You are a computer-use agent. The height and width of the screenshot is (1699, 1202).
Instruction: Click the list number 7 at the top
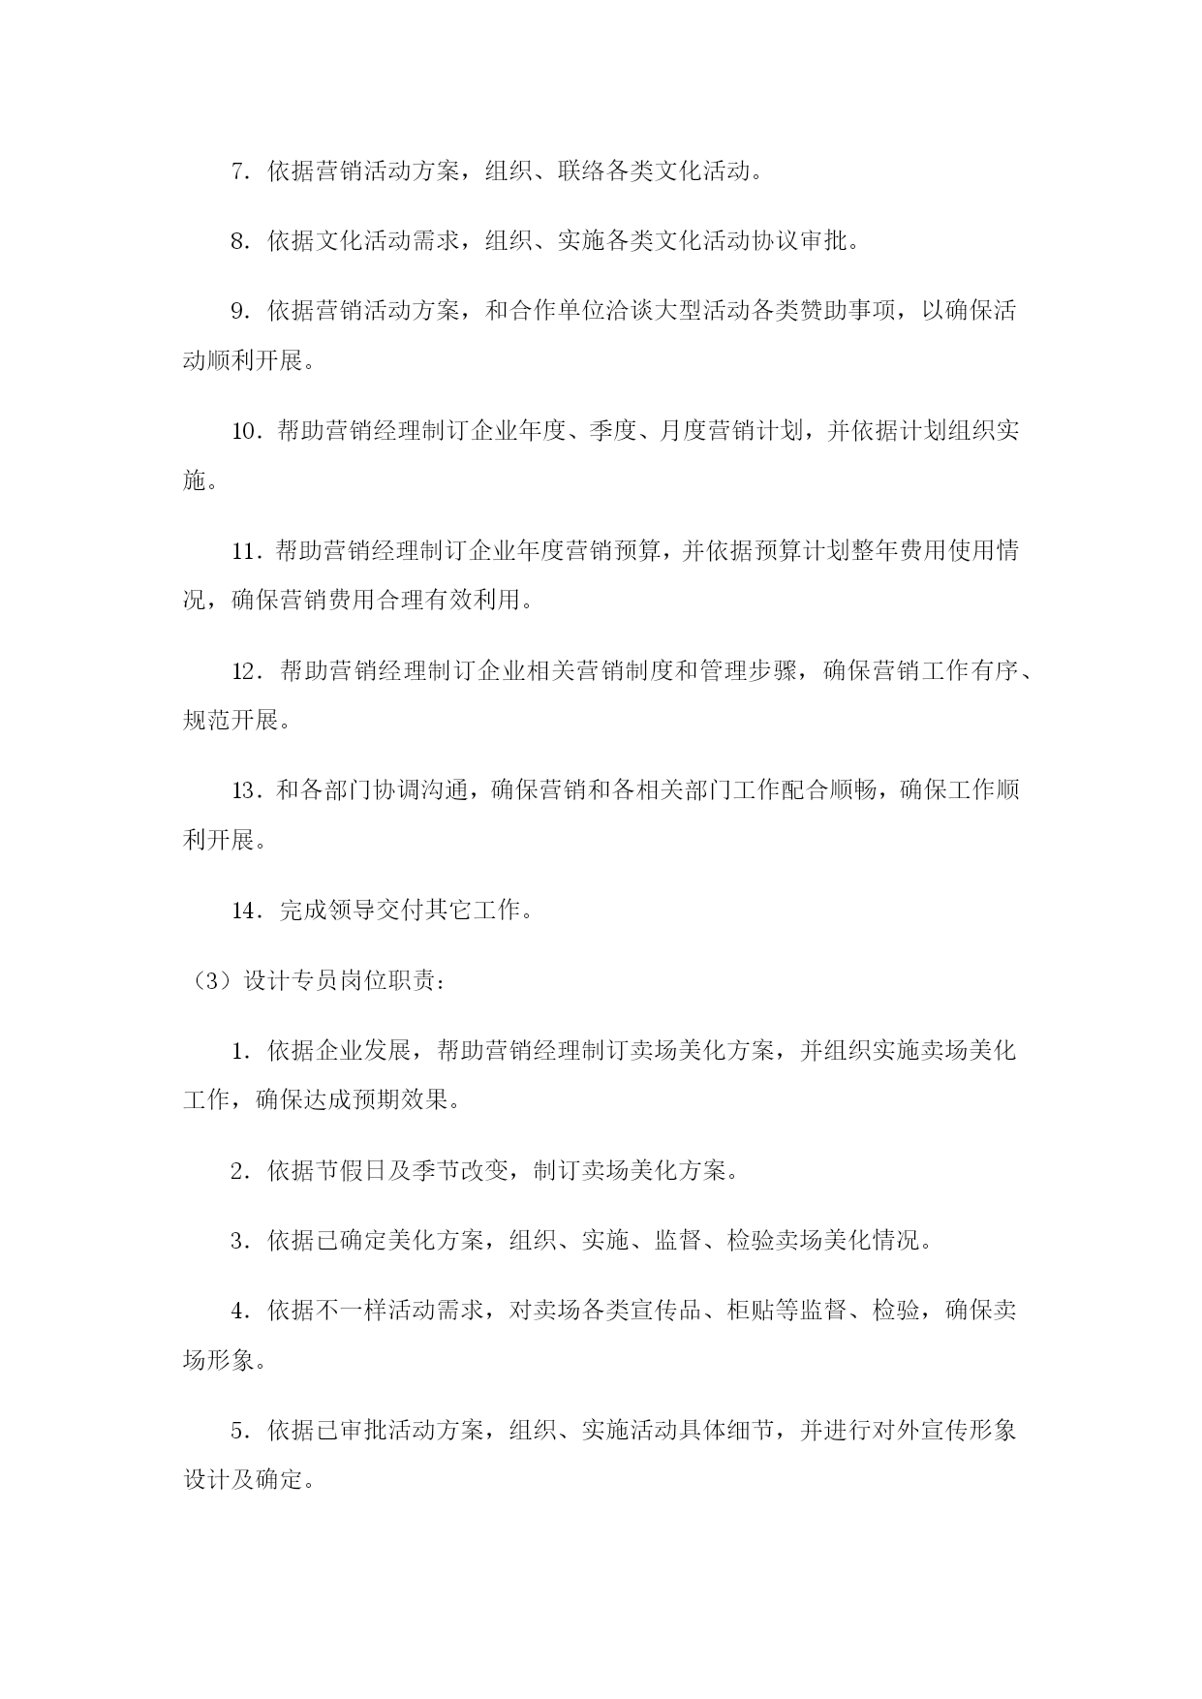point(238,172)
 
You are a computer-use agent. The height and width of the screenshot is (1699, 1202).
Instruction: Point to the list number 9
point(238,312)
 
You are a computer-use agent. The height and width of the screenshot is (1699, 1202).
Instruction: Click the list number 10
point(244,431)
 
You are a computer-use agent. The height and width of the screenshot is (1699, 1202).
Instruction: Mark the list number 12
point(246,670)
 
